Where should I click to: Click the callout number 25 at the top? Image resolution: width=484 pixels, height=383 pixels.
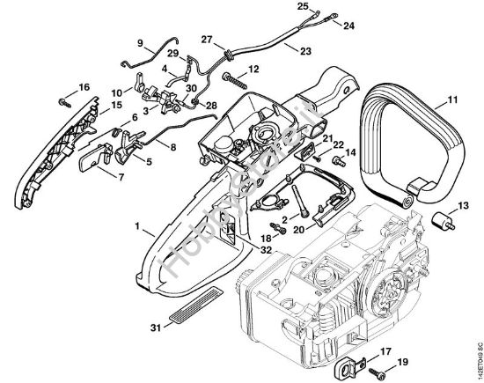(304, 7)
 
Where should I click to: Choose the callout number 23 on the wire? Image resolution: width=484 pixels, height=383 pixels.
(304, 52)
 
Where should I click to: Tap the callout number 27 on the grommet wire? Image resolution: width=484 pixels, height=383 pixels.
(207, 39)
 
